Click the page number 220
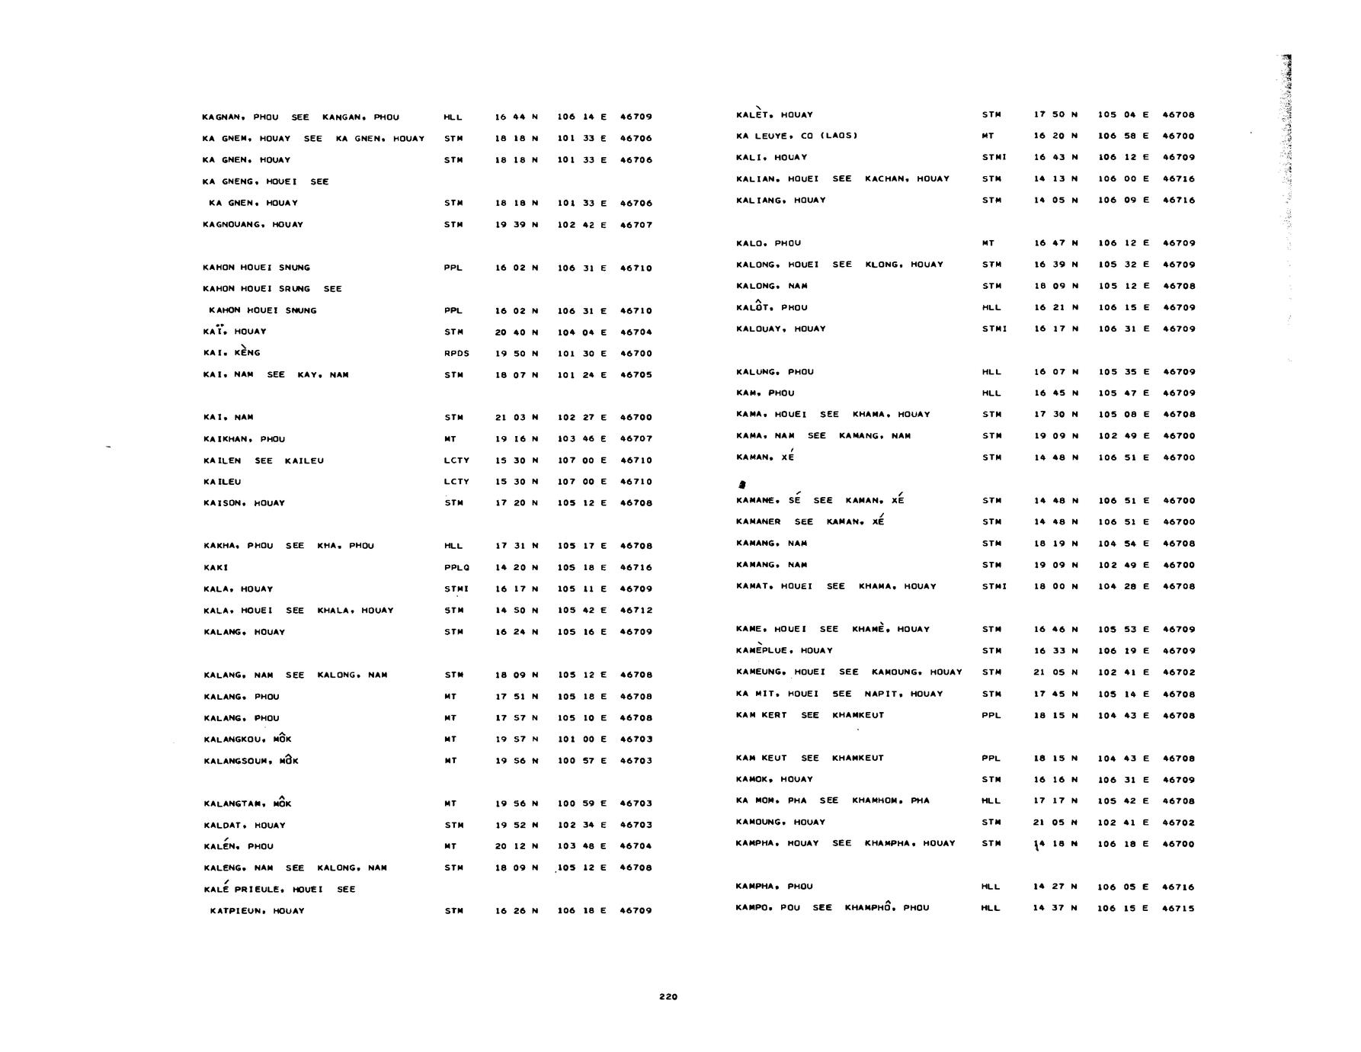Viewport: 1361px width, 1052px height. (x=668, y=996)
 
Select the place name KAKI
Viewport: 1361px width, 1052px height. (x=216, y=567)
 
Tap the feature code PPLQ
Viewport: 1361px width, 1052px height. (x=456, y=567)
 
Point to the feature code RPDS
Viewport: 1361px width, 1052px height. (x=456, y=353)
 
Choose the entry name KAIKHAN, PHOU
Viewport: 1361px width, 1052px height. (x=244, y=439)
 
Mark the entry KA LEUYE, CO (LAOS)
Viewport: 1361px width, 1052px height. (x=796, y=136)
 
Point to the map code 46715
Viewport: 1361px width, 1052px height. (x=1178, y=908)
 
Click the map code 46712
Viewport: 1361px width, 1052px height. (x=636, y=611)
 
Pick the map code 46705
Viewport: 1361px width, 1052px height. (x=636, y=375)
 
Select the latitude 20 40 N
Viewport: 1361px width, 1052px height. (x=517, y=332)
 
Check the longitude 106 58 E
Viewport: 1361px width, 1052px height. (x=1123, y=136)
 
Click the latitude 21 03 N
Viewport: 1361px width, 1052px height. (x=517, y=418)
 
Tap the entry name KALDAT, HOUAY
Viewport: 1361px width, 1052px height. (x=245, y=825)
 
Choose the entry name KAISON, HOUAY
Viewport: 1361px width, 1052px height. (x=244, y=503)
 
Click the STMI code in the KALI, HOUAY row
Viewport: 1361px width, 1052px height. (x=994, y=157)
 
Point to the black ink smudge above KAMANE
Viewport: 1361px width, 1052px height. (x=742, y=484)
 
